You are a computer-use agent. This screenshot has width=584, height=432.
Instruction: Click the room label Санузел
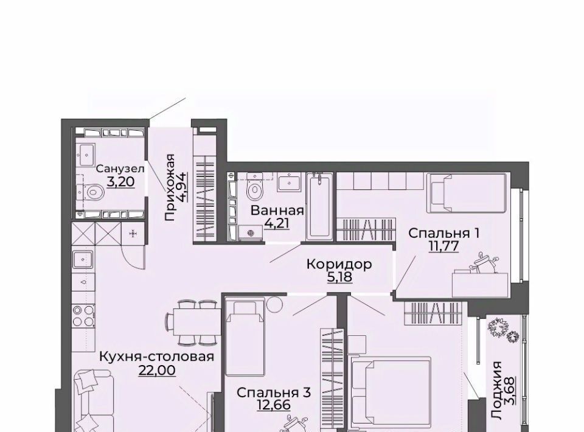tap(120, 169)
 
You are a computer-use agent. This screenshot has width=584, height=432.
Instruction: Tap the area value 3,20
tap(120, 182)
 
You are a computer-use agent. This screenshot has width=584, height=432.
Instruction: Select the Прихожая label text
tap(170, 187)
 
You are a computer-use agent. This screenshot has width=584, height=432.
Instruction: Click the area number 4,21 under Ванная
tap(277, 223)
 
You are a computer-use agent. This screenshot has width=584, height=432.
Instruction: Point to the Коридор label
tap(339, 264)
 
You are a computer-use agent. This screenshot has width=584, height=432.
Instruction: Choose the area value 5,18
tap(339, 277)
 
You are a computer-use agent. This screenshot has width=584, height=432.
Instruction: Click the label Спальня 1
tap(443, 234)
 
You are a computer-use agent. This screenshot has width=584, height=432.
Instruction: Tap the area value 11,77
tap(443, 246)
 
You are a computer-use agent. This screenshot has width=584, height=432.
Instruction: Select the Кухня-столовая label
tap(157, 357)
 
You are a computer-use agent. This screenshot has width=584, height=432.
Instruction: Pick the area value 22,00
tap(157, 371)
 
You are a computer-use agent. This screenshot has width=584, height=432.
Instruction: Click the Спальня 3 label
tap(273, 392)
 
